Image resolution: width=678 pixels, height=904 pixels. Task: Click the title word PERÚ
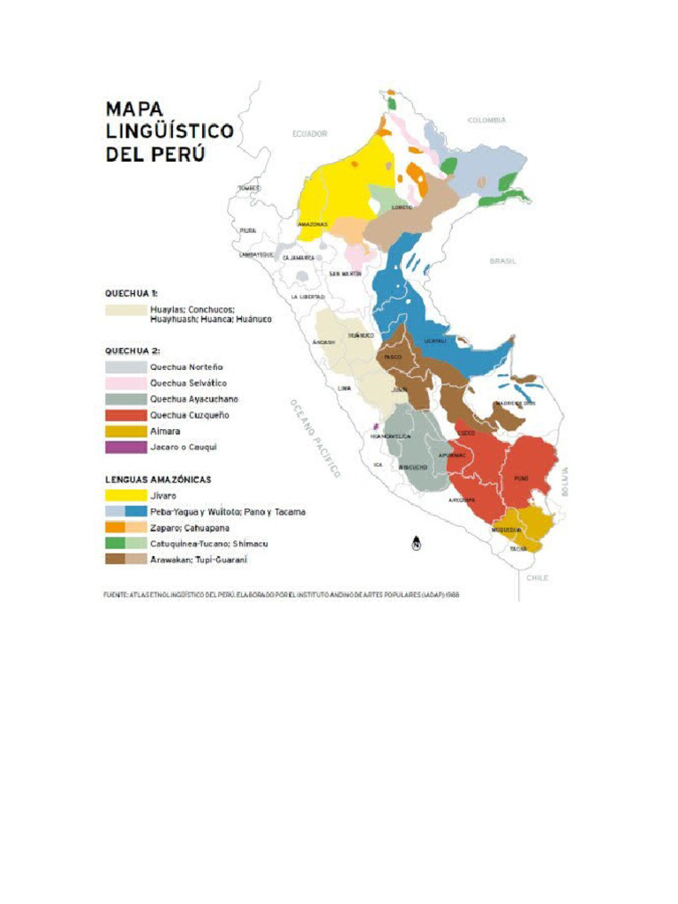[x=180, y=154]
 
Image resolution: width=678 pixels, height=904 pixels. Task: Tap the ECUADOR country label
[x=309, y=133]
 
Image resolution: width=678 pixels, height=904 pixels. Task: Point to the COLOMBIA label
[x=486, y=120]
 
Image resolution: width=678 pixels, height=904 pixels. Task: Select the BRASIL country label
[x=502, y=261]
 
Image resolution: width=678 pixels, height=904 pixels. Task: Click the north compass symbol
[x=416, y=544]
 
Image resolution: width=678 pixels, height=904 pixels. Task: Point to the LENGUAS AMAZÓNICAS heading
[x=157, y=479]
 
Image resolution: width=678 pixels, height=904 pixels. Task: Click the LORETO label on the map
[x=402, y=207]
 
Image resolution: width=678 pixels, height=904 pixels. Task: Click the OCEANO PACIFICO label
[x=315, y=438]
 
